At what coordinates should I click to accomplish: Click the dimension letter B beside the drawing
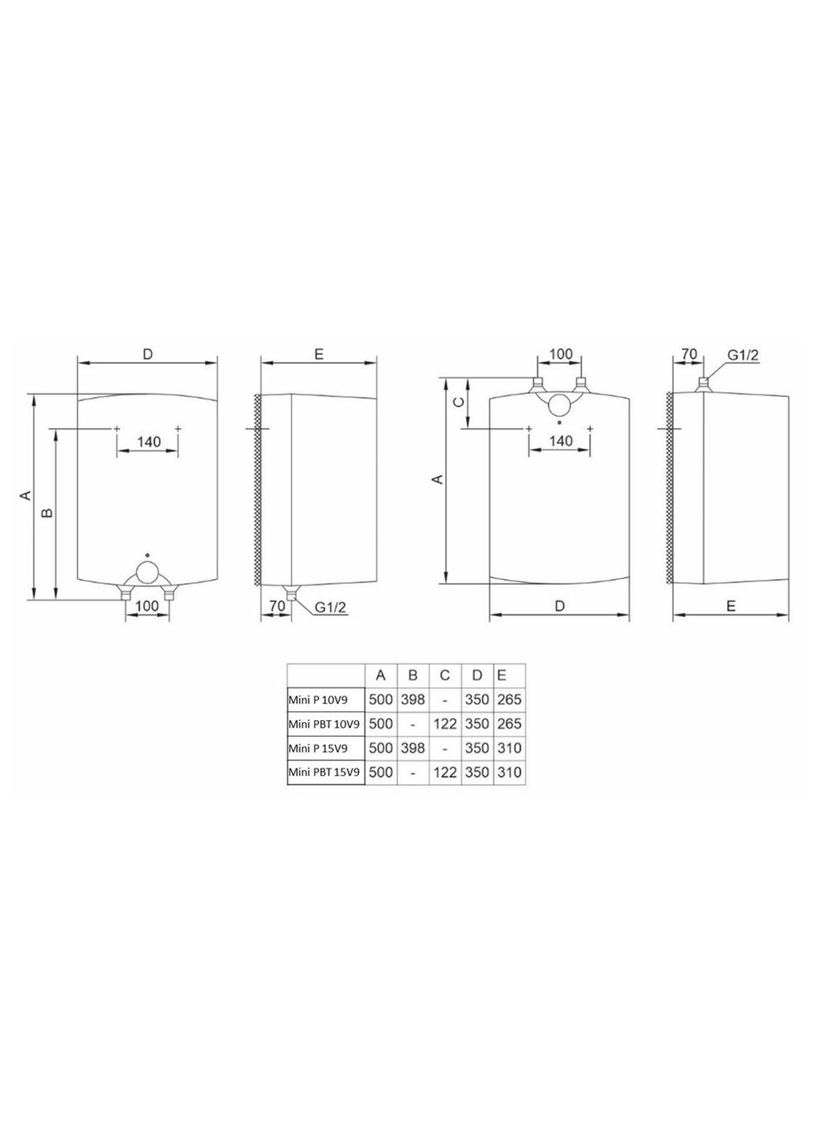point(47,514)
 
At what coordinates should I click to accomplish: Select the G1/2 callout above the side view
point(742,355)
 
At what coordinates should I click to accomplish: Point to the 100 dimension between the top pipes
point(560,354)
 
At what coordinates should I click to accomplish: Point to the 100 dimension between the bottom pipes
point(146,606)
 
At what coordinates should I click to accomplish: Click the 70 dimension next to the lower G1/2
point(277,606)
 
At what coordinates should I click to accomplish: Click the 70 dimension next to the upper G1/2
point(688,354)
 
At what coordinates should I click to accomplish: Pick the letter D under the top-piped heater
point(560,606)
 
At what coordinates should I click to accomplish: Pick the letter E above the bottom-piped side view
point(318,354)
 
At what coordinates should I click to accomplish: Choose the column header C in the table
point(445,676)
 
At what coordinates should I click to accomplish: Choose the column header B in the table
point(413,676)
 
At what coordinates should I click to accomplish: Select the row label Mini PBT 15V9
point(324,772)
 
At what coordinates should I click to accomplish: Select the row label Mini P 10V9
point(318,700)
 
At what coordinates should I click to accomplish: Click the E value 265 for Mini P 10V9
point(509,700)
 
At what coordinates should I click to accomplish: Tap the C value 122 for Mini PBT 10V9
point(445,724)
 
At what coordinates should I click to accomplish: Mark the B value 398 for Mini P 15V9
point(413,748)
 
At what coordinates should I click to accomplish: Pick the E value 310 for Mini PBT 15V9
point(509,772)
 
